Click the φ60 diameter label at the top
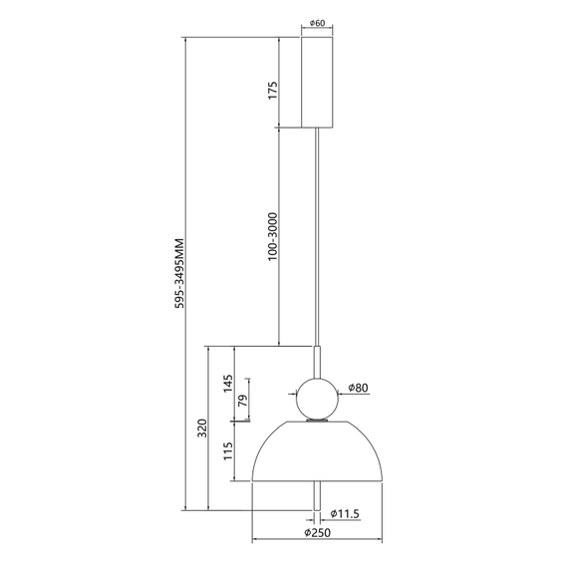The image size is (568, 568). click(x=318, y=23)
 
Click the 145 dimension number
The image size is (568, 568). click(x=227, y=384)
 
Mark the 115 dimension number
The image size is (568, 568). click(x=227, y=451)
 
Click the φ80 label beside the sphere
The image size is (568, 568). click(x=361, y=389)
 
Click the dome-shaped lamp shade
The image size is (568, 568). click(x=318, y=453)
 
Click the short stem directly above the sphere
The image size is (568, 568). click(x=318, y=360)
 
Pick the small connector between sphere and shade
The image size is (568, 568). click(x=318, y=422)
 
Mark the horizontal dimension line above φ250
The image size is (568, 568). click(x=318, y=544)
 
